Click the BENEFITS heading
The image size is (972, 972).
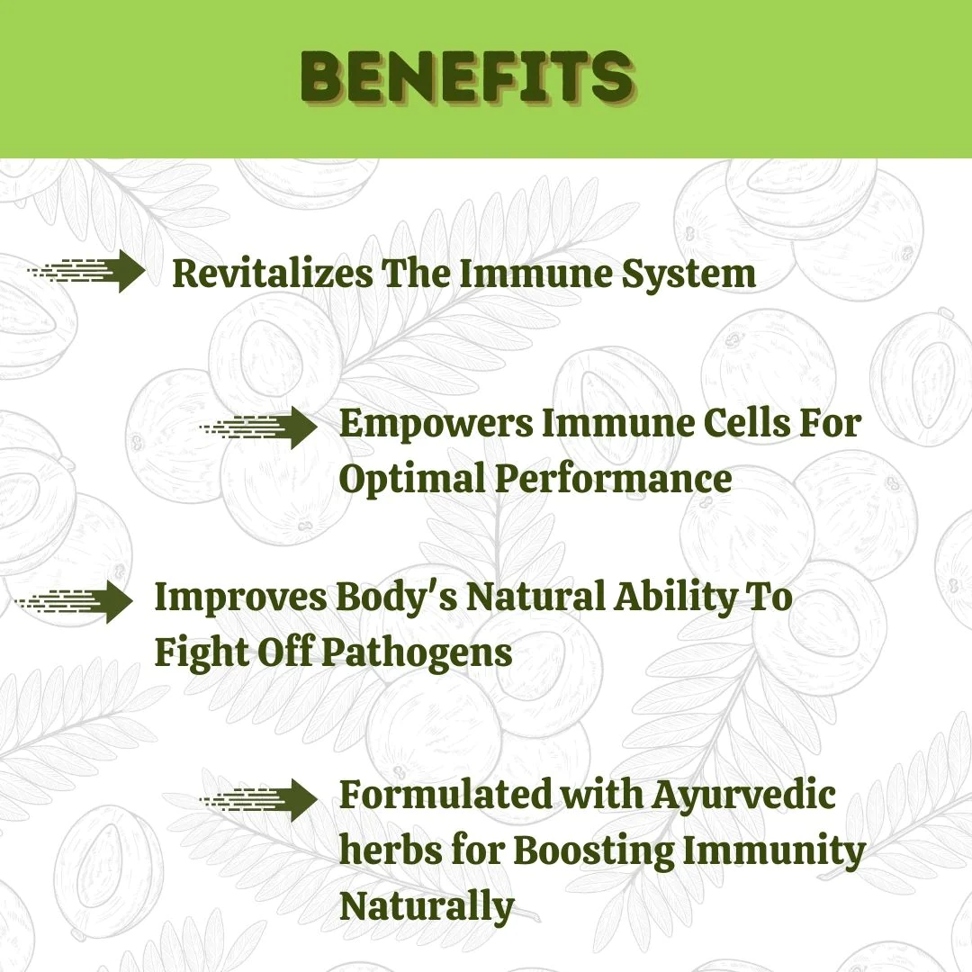[468, 76]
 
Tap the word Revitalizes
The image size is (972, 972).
[273, 273]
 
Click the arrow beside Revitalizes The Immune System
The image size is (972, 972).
[86, 271]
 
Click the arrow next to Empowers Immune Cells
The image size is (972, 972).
[258, 427]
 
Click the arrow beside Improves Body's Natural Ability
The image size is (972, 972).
[74, 601]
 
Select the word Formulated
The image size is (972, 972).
[445, 794]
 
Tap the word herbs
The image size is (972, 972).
[391, 850]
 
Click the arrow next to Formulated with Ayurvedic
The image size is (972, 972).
[258, 800]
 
